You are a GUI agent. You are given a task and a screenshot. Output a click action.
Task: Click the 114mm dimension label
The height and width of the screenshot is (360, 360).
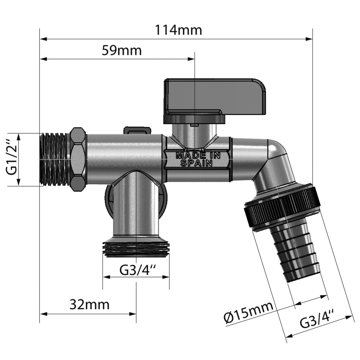pos(178,30)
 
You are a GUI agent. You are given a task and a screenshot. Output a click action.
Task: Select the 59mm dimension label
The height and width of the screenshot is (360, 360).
pos(122,51)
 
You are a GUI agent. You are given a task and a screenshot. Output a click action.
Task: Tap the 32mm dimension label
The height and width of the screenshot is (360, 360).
pos(90,304)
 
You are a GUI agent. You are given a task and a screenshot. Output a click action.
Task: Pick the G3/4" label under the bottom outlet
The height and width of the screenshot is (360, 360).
pos(138,270)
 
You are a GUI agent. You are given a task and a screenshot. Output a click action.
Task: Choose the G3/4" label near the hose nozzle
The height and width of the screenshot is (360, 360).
pos(317,321)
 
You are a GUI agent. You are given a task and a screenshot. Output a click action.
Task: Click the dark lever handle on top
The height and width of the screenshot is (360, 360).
pos(214,96)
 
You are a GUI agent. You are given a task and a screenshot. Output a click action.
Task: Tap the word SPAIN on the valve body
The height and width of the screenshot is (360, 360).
pos(197,163)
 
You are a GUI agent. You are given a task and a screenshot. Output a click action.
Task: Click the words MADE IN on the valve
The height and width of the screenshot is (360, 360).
pos(197,156)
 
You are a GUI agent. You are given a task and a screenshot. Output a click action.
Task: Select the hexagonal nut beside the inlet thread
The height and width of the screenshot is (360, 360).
pos(78,159)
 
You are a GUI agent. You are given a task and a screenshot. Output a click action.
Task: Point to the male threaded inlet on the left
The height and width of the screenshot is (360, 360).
pos(55,159)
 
